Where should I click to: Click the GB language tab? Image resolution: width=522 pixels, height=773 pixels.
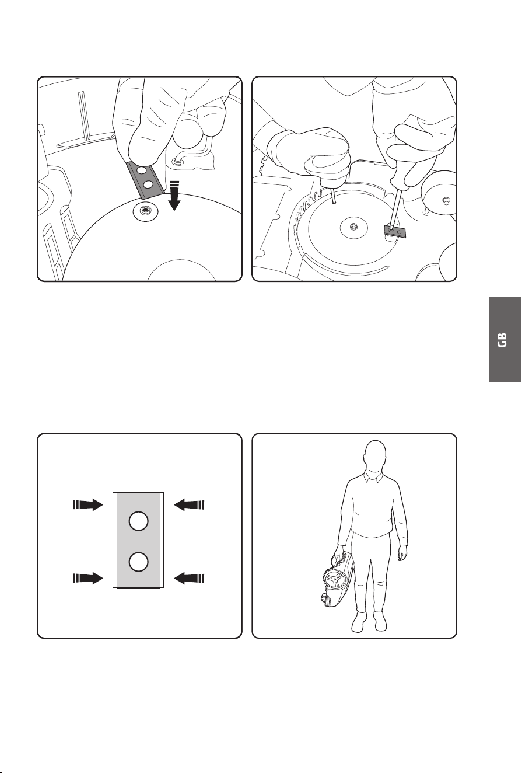[505, 340]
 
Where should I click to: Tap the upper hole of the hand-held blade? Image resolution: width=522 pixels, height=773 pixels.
[141, 170]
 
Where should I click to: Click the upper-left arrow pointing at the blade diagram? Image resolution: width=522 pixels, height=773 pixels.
[88, 505]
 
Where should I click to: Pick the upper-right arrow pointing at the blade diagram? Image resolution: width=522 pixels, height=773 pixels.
[189, 505]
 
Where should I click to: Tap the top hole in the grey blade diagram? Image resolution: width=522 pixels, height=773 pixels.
[139, 521]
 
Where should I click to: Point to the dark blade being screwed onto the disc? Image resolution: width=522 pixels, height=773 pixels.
[395, 231]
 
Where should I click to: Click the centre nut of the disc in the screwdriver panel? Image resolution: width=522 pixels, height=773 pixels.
[353, 227]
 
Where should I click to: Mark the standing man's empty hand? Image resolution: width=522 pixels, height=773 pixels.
[402, 554]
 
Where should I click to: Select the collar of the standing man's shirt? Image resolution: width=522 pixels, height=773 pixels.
[374, 477]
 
